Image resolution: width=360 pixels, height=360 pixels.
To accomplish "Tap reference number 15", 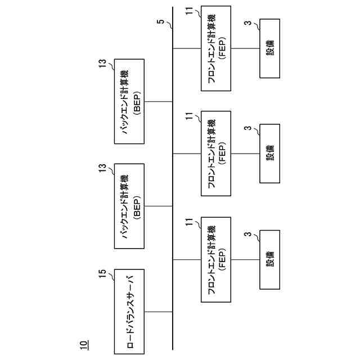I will click(102, 274).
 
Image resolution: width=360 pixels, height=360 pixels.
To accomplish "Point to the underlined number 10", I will click(83, 343).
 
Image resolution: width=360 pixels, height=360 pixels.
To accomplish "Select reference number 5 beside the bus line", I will click(161, 22).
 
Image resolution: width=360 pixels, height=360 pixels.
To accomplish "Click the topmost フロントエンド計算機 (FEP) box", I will click(216, 48).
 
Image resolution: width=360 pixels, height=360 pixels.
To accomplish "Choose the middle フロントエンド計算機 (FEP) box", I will click(216, 152).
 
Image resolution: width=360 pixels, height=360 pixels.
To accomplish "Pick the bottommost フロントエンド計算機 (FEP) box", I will click(216, 259).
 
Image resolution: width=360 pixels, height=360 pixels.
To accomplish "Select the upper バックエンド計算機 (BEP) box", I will click(129, 101).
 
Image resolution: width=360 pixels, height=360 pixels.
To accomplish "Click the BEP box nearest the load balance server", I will click(129, 206).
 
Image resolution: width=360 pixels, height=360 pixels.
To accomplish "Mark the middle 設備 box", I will click(269, 152).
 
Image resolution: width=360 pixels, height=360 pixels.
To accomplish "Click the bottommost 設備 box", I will click(269, 259).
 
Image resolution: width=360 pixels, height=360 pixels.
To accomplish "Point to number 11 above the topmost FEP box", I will click(188, 10).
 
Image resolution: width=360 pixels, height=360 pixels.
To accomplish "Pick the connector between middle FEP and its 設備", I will click(245, 152).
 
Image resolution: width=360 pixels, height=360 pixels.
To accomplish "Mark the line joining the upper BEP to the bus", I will click(158, 101).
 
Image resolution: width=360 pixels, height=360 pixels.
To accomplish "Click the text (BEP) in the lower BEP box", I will click(137, 206).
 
